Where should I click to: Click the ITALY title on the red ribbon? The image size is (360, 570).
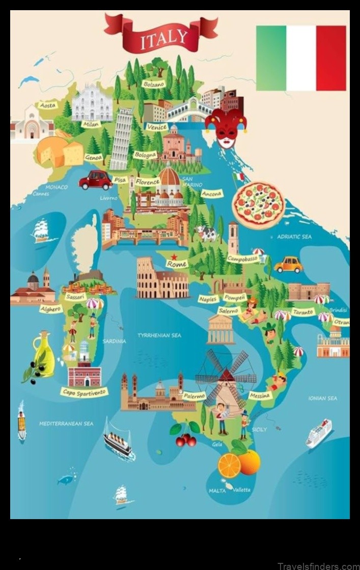[164, 37]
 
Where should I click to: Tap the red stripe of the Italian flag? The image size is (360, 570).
[331, 58]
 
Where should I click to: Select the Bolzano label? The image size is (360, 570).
[154, 83]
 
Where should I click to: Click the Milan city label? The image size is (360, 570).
[91, 124]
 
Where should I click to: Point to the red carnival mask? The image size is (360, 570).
[226, 127]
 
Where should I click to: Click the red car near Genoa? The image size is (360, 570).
[95, 180]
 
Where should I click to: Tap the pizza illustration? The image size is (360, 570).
[258, 205]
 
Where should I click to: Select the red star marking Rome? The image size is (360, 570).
[174, 256]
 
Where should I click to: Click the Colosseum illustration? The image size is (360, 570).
[161, 279]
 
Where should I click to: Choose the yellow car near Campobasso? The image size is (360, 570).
[288, 265]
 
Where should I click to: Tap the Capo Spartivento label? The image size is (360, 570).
[84, 391]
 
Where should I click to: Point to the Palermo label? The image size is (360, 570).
[194, 396]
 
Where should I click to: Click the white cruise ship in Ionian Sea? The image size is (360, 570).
[319, 433]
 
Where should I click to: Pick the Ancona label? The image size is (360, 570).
[212, 194]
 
